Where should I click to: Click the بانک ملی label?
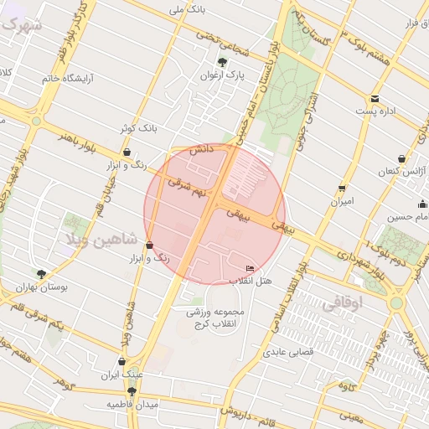point(187,9)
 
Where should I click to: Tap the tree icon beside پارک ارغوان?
point(222,62)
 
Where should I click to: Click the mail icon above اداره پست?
point(375,98)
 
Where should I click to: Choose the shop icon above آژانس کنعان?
point(402,158)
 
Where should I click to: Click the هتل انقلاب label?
point(251,281)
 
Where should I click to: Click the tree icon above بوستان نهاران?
point(41,274)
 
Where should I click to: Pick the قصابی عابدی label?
point(290,353)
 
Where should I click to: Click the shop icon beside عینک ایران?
point(122,362)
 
